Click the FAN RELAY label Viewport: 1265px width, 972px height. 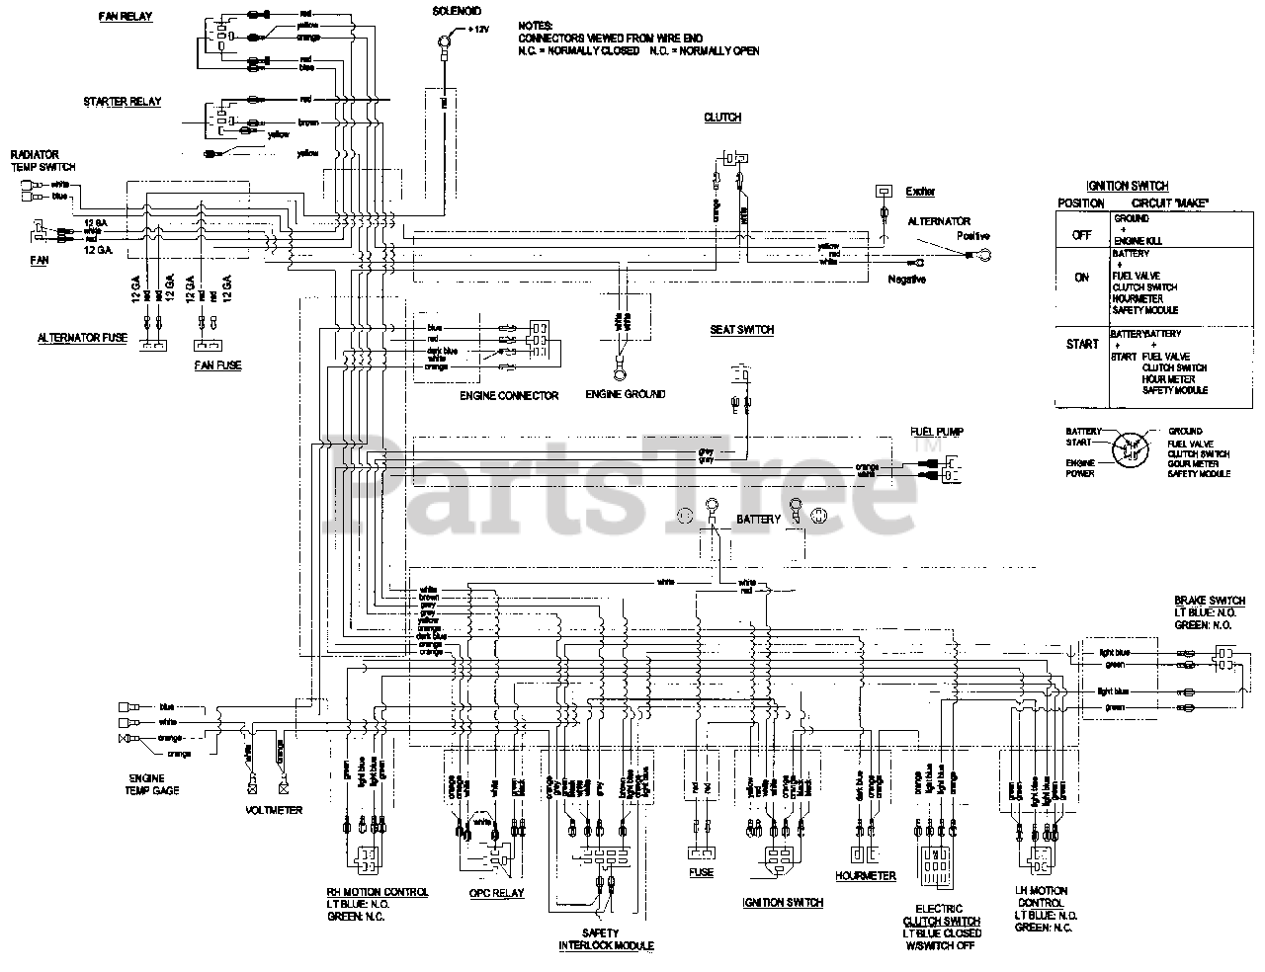click(126, 18)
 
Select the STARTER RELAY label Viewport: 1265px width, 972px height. click(123, 102)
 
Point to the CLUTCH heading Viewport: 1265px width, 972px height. click(722, 118)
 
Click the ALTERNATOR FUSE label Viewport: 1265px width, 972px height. click(82, 338)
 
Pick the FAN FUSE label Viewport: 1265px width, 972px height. click(217, 365)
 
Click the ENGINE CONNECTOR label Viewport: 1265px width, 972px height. click(509, 395)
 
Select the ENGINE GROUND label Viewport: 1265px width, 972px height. click(626, 394)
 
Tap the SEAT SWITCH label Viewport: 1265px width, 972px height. click(741, 330)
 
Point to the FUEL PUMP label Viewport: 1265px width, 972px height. click(937, 432)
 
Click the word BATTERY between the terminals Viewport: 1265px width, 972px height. click(759, 519)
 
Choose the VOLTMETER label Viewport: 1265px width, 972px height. click(273, 810)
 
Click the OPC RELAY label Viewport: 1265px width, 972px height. click(496, 893)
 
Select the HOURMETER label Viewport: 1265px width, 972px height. click(866, 875)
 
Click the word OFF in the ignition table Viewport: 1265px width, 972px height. click(1080, 236)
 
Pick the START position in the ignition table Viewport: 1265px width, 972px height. click(1082, 344)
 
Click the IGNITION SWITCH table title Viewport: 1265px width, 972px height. click(1128, 186)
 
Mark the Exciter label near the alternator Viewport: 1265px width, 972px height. click(920, 192)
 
